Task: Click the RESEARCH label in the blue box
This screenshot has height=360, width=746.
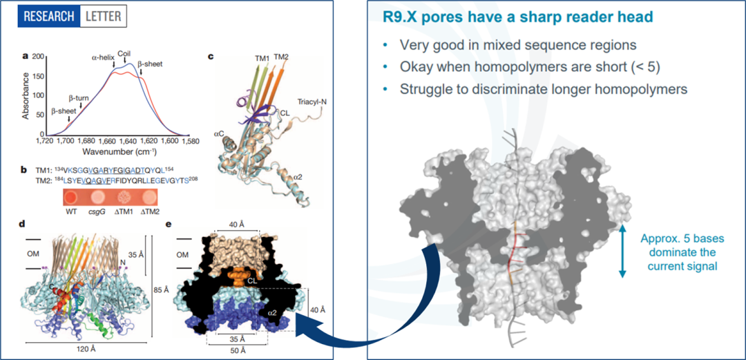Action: coord(48,15)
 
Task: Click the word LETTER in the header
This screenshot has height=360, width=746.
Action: coord(104,15)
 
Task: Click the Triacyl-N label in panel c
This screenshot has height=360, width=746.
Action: coord(312,101)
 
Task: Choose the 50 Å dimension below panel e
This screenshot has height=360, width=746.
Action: coord(237,349)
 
